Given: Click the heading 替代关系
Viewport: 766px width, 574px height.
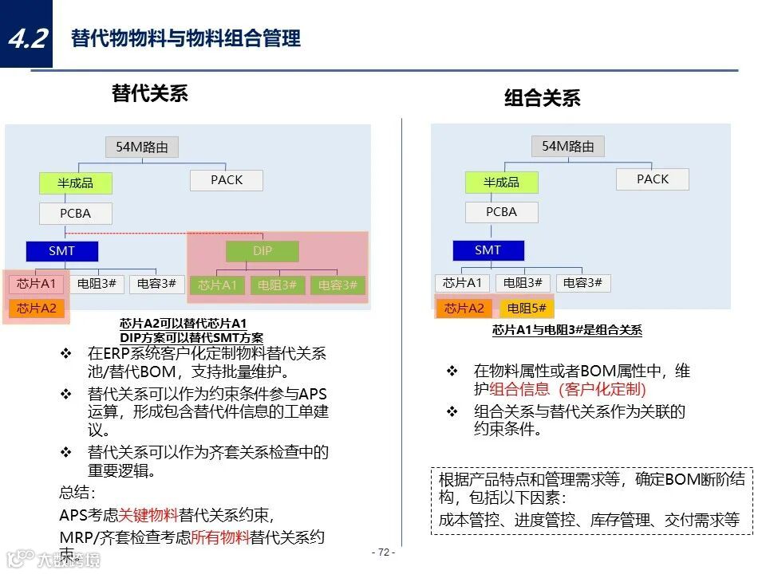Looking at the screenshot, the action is pyautogui.click(x=150, y=93).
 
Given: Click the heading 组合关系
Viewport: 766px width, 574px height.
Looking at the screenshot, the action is pyautogui.click(x=542, y=98).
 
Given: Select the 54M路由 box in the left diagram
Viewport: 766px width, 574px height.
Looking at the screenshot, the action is pyautogui.click(x=142, y=147).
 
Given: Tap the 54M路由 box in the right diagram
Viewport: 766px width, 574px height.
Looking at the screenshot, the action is pyautogui.click(x=568, y=146).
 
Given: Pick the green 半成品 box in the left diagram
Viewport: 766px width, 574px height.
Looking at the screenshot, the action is pyautogui.click(x=76, y=183).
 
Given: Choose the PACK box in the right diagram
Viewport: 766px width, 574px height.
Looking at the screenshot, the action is pyautogui.click(x=653, y=179).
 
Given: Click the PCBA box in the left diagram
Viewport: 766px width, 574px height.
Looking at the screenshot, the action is pyautogui.click(x=76, y=213).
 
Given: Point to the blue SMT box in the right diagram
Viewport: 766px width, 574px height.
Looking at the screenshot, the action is pyautogui.click(x=488, y=250).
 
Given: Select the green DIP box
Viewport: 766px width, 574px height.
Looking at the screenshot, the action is pyautogui.click(x=263, y=251).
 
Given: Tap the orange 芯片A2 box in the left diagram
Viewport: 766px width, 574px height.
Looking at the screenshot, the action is pyautogui.click(x=37, y=308).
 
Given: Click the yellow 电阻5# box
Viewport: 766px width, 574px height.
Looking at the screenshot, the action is pyautogui.click(x=527, y=308).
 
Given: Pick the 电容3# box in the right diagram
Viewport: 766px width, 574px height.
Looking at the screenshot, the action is pyautogui.click(x=583, y=282).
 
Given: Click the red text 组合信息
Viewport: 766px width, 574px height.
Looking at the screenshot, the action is pyautogui.click(x=519, y=389).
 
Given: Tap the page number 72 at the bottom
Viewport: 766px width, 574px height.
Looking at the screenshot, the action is pyautogui.click(x=383, y=552).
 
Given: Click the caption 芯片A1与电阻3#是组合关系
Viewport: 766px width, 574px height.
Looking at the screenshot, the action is pyautogui.click(x=567, y=330).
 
